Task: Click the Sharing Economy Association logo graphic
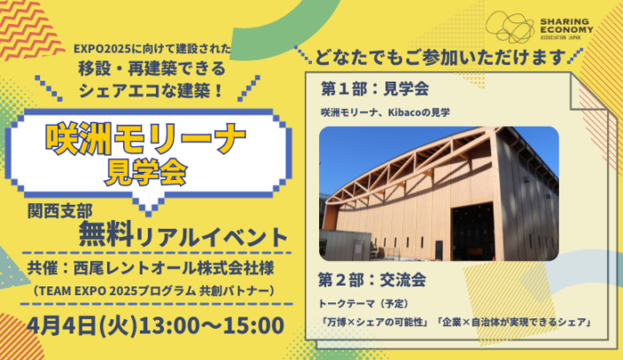(x=510, y=27)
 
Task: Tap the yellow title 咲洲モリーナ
(x=145, y=139)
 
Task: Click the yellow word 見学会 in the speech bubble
(x=145, y=173)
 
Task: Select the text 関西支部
(x=60, y=211)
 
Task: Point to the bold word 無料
(x=105, y=233)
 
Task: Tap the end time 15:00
(x=253, y=325)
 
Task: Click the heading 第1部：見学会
(x=375, y=89)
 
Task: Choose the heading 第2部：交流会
(x=372, y=280)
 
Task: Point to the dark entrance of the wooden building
(x=473, y=231)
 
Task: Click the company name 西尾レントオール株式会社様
(x=174, y=269)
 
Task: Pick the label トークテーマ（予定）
(x=363, y=304)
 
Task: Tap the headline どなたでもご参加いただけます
(x=440, y=58)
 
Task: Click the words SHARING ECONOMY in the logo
(x=566, y=26)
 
